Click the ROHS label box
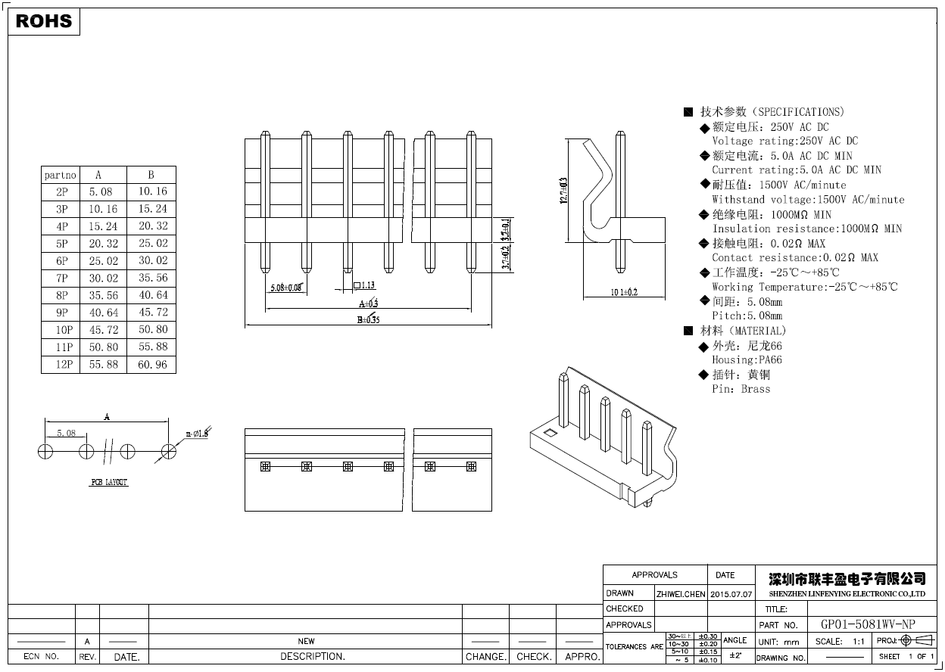pos(44,21)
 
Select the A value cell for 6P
pos(103,260)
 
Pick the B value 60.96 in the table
pos(152,364)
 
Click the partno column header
pos(61,175)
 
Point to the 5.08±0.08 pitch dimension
pos(286,288)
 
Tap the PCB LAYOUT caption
pos(110,482)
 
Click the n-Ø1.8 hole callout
pos(198,434)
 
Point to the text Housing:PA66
pos(747,360)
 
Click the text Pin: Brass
pos(741,389)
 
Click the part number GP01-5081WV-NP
pos(868,625)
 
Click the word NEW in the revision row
pos(306,641)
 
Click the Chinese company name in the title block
pos(847,579)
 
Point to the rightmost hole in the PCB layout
pos(169,452)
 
